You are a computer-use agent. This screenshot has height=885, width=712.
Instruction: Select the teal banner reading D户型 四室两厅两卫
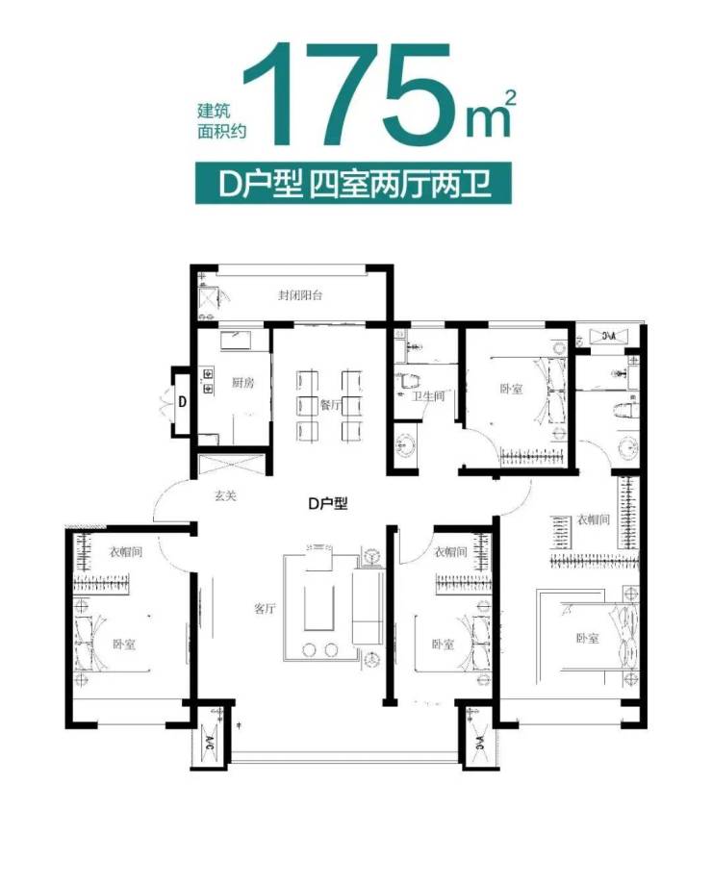[353, 184]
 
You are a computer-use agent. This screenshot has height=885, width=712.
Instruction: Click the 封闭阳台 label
[300, 295]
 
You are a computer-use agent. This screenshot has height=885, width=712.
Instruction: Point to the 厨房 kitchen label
[242, 383]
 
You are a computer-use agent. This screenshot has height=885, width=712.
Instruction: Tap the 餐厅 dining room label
[330, 404]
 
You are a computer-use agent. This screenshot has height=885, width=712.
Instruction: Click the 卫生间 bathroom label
[427, 396]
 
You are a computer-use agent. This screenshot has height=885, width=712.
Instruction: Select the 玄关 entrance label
[225, 495]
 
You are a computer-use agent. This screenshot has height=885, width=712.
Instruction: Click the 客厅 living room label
[265, 608]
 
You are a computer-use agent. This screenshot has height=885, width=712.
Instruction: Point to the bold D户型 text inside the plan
[327, 503]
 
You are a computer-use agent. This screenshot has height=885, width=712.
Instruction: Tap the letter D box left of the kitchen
[182, 402]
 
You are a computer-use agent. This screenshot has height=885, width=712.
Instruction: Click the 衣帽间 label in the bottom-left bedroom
[125, 551]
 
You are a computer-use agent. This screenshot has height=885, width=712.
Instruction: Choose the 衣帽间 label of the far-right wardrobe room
[593, 519]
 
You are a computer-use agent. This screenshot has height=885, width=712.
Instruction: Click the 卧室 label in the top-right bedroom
[511, 389]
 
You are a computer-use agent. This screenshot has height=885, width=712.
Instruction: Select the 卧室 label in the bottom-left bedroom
[124, 644]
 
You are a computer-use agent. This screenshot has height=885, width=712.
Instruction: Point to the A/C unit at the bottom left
[210, 740]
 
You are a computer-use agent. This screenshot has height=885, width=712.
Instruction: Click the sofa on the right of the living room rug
[369, 607]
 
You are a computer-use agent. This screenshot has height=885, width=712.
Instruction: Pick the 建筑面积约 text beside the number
[222, 121]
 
